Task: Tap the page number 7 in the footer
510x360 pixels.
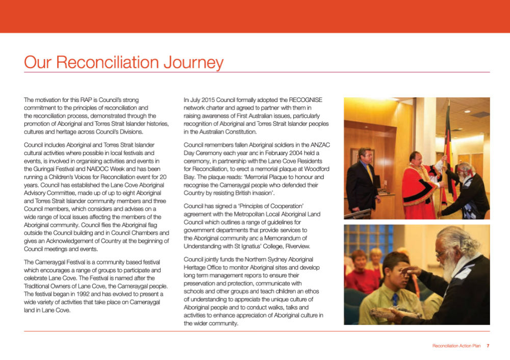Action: coord(488,346)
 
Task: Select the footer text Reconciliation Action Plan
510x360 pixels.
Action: coord(456,346)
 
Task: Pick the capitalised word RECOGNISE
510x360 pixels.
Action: coord(307,100)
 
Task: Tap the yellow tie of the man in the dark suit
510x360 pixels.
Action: coord(369,173)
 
